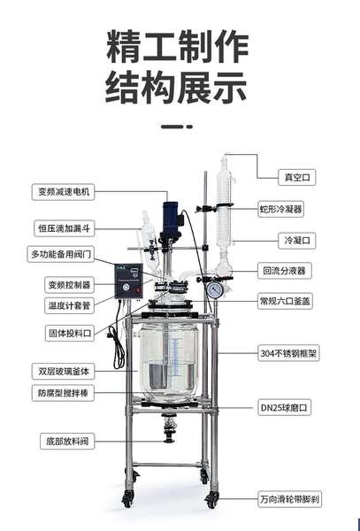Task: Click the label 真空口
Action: pyautogui.click(x=296, y=177)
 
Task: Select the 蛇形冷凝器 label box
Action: pyautogui.click(x=280, y=209)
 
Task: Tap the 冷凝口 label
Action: pyautogui.click(x=296, y=241)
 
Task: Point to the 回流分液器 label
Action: pyautogui.click(x=284, y=271)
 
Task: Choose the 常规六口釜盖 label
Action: pyautogui.click(x=285, y=301)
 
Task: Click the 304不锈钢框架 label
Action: pyautogui.click(x=288, y=353)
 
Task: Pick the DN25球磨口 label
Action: pyautogui.click(x=284, y=408)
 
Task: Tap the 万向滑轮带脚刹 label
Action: pyautogui.click(x=289, y=499)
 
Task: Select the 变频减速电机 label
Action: pyautogui.click(x=64, y=192)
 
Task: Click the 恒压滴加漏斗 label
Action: pyautogui.click(x=65, y=228)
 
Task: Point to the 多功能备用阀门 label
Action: pyautogui.click(x=60, y=254)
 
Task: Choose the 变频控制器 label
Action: pyautogui.click(x=69, y=285)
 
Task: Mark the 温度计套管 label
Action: pyautogui.click(x=69, y=305)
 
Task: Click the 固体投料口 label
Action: pyautogui.click(x=70, y=333)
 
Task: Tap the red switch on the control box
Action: pyautogui.click(x=138, y=290)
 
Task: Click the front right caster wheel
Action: pyautogui.click(x=211, y=500)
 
